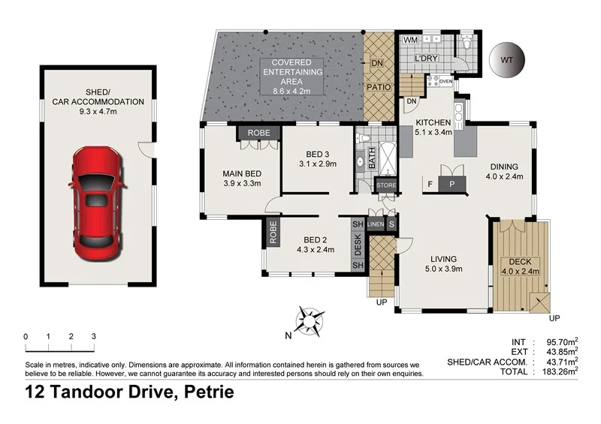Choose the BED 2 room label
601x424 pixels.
tap(315, 241)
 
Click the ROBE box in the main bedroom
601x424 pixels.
tap(259, 132)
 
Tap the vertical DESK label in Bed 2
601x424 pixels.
tap(358, 245)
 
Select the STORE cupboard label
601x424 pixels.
tap(386, 185)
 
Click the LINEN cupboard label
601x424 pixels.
tap(376, 224)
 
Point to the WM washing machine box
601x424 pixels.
tap(411, 39)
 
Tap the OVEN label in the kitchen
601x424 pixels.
tap(445, 81)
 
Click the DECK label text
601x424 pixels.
tap(520, 262)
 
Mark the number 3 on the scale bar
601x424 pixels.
tap(93, 336)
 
